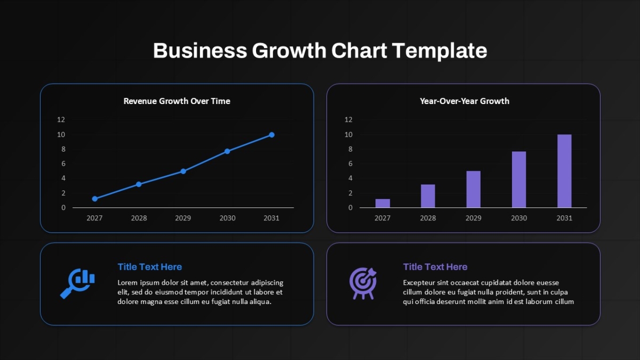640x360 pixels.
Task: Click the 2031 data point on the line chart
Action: click(x=271, y=134)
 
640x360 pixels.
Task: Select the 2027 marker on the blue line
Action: click(x=95, y=198)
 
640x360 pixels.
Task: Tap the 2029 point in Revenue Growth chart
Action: click(x=183, y=171)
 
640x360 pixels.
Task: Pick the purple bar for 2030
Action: click(x=519, y=179)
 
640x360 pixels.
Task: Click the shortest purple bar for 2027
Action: click(x=382, y=203)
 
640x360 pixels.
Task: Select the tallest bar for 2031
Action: click(x=564, y=171)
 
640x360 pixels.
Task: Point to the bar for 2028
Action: click(x=428, y=196)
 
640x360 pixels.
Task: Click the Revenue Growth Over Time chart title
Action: click(x=177, y=101)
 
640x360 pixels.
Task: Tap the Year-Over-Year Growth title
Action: click(x=465, y=101)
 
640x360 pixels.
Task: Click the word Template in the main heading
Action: click(x=439, y=51)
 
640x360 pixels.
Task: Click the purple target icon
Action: click(x=363, y=283)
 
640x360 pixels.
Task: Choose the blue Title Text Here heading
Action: click(x=150, y=267)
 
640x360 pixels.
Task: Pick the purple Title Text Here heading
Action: click(x=435, y=267)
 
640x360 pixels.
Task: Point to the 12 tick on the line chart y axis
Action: click(x=61, y=119)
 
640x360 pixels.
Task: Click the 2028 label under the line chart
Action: click(x=139, y=218)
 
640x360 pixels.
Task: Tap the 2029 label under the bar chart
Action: click(x=474, y=218)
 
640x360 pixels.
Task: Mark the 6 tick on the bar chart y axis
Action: click(x=350, y=164)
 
